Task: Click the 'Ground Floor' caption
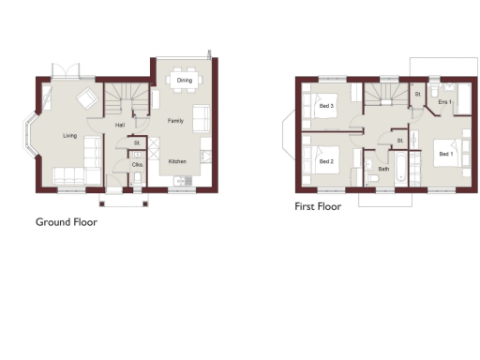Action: click(67, 222)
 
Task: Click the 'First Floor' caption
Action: click(318, 206)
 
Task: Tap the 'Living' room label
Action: click(70, 136)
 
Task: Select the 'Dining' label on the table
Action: click(185, 81)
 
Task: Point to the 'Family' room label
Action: click(175, 121)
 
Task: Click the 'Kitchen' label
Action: click(178, 161)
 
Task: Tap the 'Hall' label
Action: click(120, 125)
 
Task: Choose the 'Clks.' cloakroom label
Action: click(137, 165)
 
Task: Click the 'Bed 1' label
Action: click(444, 153)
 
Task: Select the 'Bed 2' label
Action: click(325, 161)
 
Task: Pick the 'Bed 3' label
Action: click(326, 107)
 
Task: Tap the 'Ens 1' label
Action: click(443, 101)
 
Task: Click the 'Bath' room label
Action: click(383, 169)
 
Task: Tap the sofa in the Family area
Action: click(201, 119)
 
